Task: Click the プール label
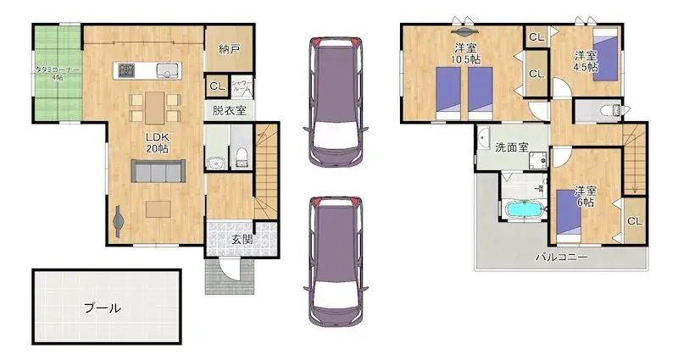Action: [x=101, y=308]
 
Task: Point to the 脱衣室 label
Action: [x=228, y=111]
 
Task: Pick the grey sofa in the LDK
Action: [x=158, y=172]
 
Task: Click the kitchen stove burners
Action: [x=128, y=69]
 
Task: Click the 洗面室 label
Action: [x=512, y=147]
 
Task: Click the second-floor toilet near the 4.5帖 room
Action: [x=608, y=110]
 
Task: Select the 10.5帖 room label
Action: [x=464, y=53]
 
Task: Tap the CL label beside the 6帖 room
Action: [x=634, y=221]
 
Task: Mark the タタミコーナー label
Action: [x=58, y=71]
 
